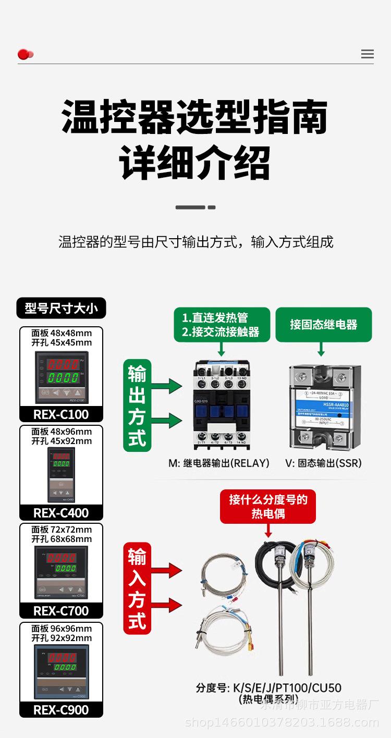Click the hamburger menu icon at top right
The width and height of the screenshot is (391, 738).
(x=367, y=54)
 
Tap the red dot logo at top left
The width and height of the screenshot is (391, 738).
(x=25, y=54)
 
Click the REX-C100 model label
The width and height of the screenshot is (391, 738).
(x=61, y=414)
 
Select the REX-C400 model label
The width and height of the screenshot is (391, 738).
(x=61, y=513)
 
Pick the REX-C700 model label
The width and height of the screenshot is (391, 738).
(x=61, y=611)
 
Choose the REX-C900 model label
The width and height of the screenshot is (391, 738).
(x=61, y=710)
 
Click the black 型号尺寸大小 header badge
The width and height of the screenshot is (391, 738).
(x=61, y=308)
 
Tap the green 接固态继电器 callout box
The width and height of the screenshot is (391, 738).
(x=323, y=325)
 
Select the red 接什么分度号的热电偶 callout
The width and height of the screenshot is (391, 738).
(x=268, y=507)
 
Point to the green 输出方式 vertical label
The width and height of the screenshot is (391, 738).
(x=137, y=405)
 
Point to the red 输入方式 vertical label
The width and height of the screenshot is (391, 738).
(x=137, y=588)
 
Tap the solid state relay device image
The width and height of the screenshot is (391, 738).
(x=324, y=407)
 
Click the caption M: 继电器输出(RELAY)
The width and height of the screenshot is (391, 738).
(x=219, y=463)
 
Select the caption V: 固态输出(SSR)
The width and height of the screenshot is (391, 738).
(x=323, y=463)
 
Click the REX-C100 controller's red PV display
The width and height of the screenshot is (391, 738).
(x=63, y=364)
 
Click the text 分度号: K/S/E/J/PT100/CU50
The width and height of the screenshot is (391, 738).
(x=268, y=688)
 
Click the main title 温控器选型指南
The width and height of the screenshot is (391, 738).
(x=195, y=117)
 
